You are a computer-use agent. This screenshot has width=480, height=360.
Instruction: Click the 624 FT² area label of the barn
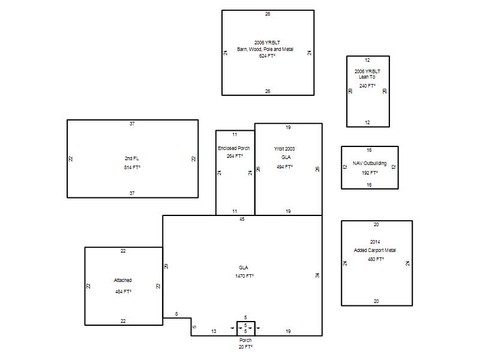tap(267, 56)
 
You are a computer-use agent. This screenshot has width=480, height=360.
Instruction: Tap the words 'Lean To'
tap(367, 77)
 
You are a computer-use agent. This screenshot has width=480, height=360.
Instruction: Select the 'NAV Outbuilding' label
tap(370, 163)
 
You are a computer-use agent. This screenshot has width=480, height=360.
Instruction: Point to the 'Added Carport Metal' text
tap(374, 250)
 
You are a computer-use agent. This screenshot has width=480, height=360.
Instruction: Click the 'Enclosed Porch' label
tap(234, 148)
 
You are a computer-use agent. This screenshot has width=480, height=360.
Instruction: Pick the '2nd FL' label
tap(131, 158)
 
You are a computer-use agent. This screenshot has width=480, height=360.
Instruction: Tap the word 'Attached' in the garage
tap(123, 280)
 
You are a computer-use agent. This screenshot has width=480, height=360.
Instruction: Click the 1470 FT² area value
tap(244, 276)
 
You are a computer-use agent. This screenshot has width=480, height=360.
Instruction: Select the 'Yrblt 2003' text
tap(284, 149)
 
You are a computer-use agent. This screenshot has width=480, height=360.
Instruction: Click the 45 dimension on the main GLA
tap(242, 219)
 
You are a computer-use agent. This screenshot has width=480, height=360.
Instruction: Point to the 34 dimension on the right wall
tap(317, 275)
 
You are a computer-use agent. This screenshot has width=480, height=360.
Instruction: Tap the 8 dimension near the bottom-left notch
tap(176, 314)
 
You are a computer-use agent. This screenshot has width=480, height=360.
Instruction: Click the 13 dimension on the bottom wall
tap(214, 331)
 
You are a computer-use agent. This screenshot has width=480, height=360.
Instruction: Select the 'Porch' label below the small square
tap(245, 340)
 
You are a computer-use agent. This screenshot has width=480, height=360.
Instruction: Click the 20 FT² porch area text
tap(245, 347)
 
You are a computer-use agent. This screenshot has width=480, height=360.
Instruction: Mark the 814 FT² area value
tap(132, 167)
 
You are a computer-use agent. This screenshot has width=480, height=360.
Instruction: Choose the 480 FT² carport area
tap(376, 259)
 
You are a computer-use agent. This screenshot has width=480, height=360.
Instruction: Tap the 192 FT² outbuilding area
tap(370, 173)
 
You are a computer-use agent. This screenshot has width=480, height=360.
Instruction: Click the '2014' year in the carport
tap(375, 242)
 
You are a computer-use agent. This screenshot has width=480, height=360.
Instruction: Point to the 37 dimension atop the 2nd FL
tap(132, 124)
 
